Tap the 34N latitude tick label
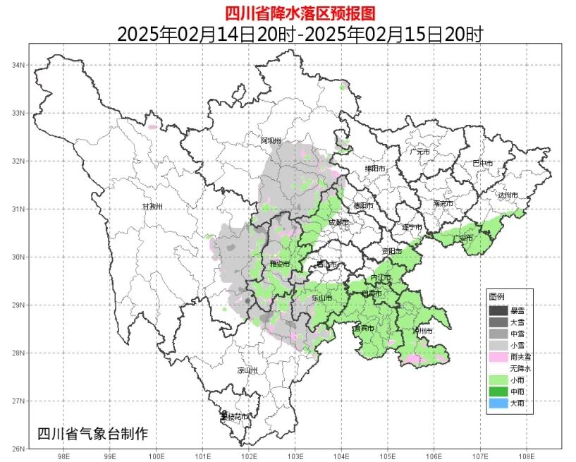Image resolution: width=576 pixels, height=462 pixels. pos(18,65)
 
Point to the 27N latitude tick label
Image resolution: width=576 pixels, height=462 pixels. pos(18,401)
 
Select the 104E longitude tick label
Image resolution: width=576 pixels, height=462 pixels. pos(341,456)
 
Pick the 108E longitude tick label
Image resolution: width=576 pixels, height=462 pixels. pos(527,456)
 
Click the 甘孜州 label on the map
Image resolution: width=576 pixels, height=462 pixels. pos(152,207)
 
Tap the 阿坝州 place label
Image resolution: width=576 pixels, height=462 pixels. pos(271,141)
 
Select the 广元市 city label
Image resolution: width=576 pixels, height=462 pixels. pos(421,152)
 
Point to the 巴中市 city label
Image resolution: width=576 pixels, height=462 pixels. pos(482,164)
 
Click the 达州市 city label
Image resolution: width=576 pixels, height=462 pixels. pos(508,195)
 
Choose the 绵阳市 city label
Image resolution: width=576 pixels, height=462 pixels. pos(375,169)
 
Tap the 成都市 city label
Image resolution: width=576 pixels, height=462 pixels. pos(338,223)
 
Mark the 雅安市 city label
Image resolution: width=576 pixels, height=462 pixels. pos(280,264)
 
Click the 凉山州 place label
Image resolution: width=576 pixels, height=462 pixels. pos(247,370)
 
